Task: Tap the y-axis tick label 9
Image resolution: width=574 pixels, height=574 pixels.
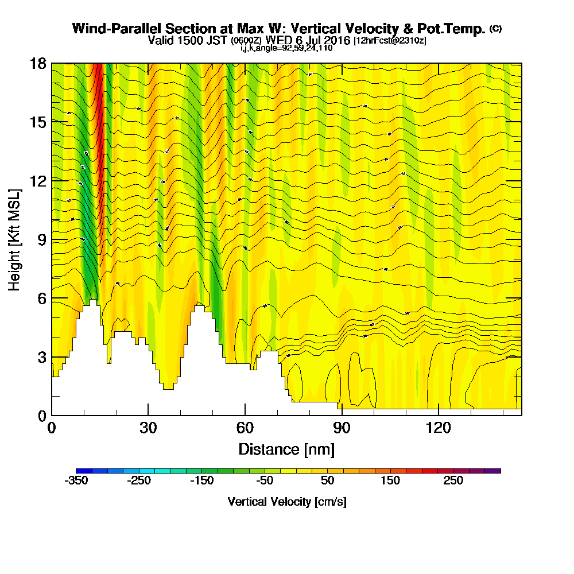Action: click(41, 239)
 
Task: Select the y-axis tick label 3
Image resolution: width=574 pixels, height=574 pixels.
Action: click(41, 357)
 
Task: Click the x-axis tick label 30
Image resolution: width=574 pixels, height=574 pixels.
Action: click(148, 428)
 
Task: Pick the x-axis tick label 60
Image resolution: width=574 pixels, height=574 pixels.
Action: click(245, 428)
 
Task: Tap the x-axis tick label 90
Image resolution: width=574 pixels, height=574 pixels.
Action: click(342, 428)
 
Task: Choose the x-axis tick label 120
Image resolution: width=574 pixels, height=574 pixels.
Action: click(438, 428)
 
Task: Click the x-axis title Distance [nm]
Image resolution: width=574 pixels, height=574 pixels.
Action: click(286, 448)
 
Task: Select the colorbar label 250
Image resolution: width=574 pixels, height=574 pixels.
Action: click(453, 481)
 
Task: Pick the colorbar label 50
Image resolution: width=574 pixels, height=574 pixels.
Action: click(327, 481)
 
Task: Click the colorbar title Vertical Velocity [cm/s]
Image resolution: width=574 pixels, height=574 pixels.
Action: click(287, 502)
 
